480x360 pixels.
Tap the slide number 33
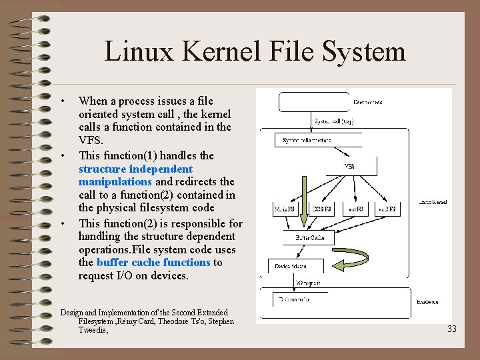coord(452,329)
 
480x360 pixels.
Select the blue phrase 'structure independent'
coord(135,169)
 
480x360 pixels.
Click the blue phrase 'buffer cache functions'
coord(153,262)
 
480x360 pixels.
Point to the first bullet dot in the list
coord(62,101)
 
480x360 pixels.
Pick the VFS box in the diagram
coord(349,165)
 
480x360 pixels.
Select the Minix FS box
coord(289,210)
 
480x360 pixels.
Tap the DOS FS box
coord(324,210)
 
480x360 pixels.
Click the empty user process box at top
coord(313,101)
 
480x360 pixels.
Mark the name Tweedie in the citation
coord(93,330)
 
